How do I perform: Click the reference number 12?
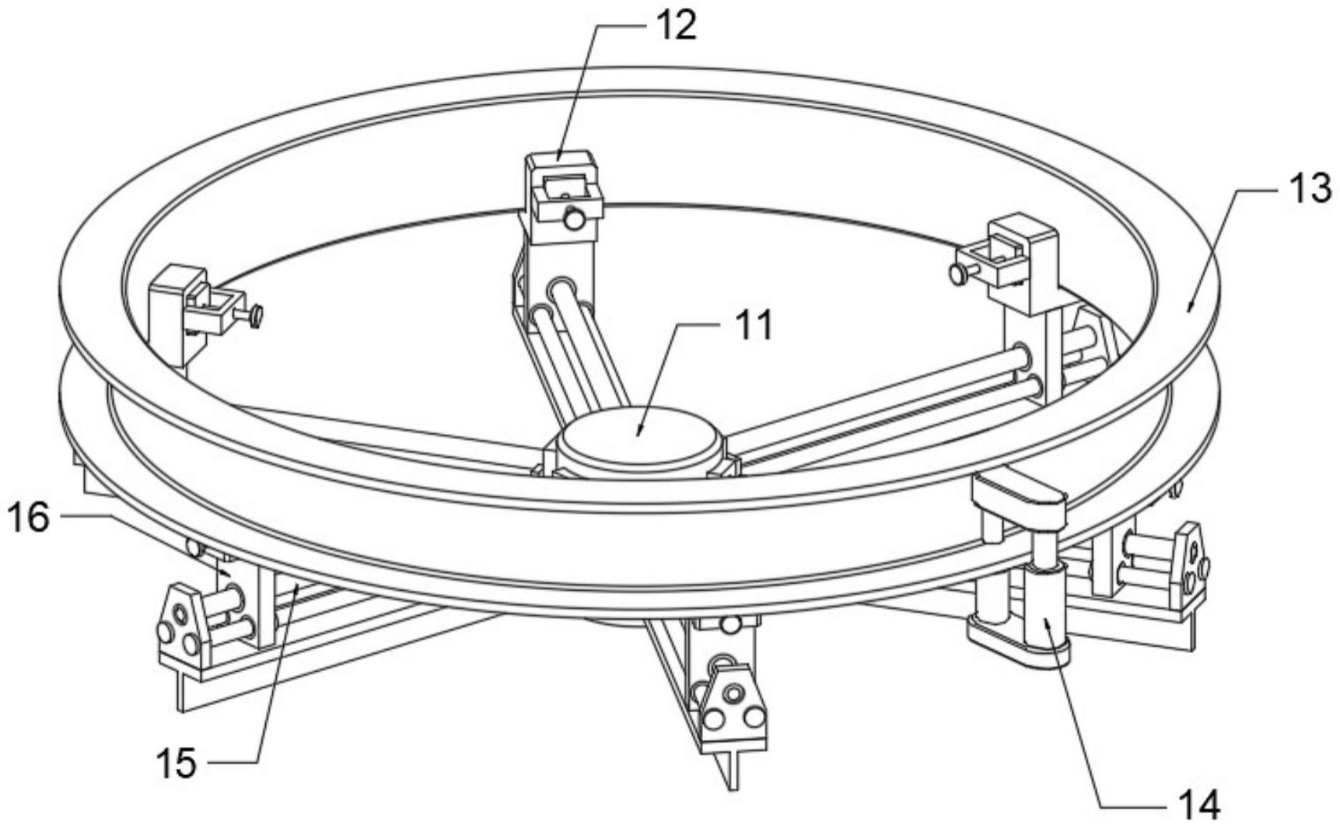pyautogui.click(x=674, y=25)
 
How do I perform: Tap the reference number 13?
pyautogui.click(x=1310, y=189)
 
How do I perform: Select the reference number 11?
pyautogui.click(x=752, y=325)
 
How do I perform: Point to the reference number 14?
pyautogui.click(x=1198, y=804)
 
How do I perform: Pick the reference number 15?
pyautogui.click(x=177, y=763)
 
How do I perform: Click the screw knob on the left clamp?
pyautogui.click(x=254, y=315)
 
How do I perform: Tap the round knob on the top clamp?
pyautogui.click(x=575, y=220)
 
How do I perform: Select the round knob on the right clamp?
pyautogui.click(x=957, y=272)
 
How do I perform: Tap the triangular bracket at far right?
pyautogui.click(x=1191, y=564)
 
